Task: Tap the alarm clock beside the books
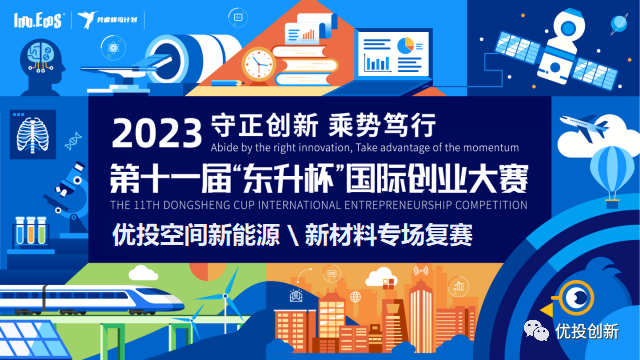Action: [x=258, y=64]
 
